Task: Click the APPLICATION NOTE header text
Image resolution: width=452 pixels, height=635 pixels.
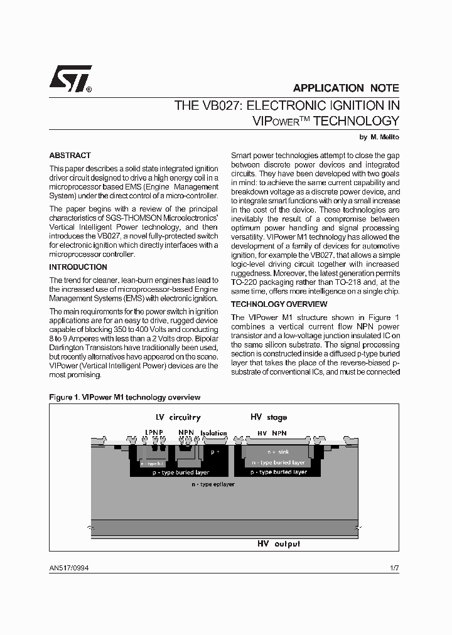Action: pos(345,88)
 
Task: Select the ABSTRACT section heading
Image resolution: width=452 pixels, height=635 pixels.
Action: pos(70,156)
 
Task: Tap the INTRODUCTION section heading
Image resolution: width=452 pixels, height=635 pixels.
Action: pos(78,267)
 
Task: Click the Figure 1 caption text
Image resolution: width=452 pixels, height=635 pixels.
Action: pos(124,397)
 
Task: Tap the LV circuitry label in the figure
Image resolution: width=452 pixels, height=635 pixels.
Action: pos(178,417)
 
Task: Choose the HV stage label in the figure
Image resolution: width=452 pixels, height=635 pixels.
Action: pos(269,417)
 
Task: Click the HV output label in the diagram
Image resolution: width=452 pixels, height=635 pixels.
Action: pos(278,544)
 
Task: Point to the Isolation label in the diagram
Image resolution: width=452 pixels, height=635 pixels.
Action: pos(213,433)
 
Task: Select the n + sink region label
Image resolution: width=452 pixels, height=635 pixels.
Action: pos(277,452)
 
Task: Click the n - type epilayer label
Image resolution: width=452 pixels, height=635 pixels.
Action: pos(213,485)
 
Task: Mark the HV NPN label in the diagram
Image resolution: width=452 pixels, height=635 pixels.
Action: pos(272,433)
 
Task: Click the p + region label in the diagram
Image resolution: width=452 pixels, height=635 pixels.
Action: pos(215,452)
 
